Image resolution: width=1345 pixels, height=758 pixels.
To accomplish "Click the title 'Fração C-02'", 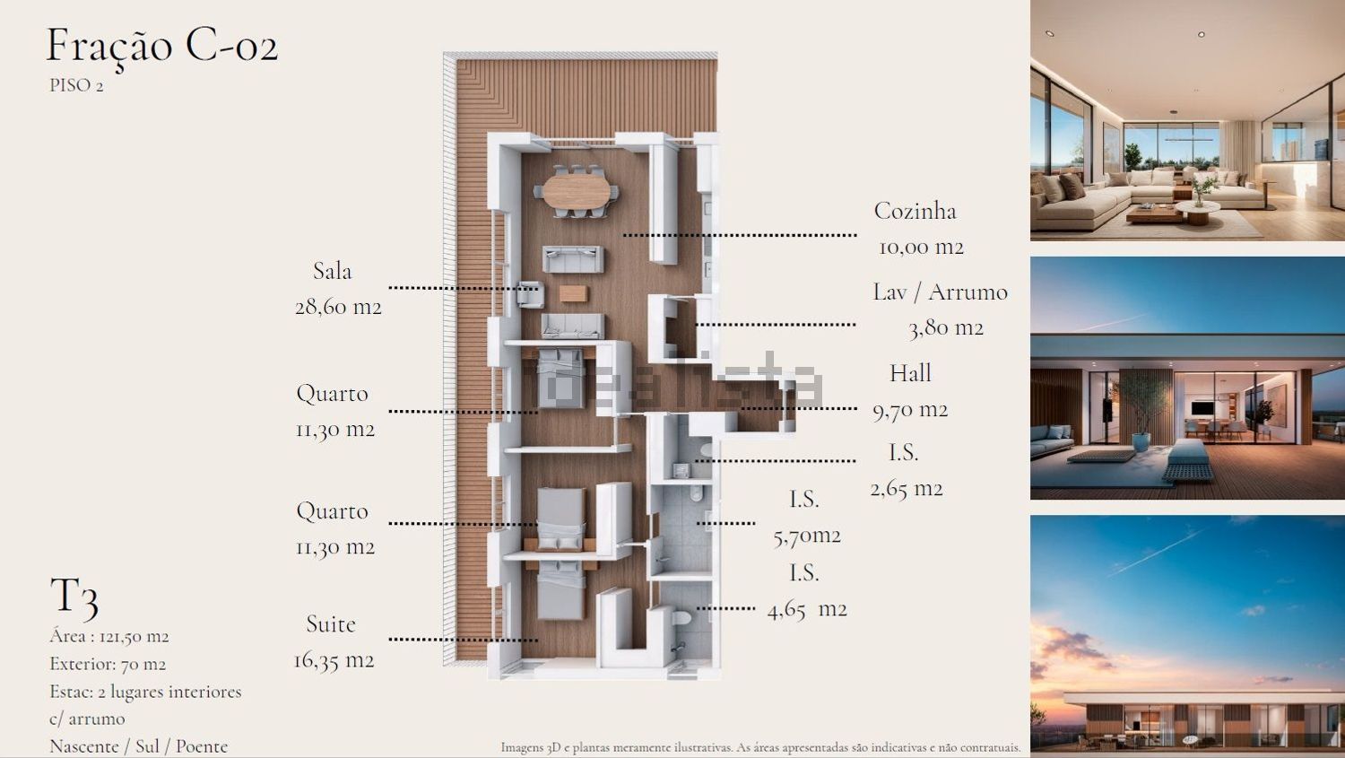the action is coord(162,47).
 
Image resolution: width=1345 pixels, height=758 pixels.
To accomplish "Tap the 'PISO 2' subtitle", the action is coord(76,86).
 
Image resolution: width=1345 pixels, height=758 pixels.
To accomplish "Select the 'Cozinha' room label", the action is coord(915,211).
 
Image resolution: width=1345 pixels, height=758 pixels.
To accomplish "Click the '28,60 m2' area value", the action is coord(338,307).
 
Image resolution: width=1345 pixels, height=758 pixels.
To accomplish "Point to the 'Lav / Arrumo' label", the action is coord(941,292).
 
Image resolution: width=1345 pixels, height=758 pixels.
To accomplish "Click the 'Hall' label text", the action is coord(910,373).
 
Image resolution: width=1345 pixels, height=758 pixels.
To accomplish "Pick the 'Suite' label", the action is coord(331,624).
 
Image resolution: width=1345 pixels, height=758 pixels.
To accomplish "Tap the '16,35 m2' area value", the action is coord(334,661).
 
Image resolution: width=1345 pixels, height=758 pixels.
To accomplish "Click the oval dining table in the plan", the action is coord(577,191).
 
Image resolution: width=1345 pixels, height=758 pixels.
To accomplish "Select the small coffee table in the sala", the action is coord(574,293).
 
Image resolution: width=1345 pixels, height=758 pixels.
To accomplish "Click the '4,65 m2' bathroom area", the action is coord(807,610).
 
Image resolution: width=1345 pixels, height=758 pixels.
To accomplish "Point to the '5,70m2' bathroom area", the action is coord(807,536).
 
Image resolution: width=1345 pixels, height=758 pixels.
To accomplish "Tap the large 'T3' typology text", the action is coord(74,597).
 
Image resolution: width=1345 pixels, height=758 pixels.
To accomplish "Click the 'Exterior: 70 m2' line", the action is coord(108,664).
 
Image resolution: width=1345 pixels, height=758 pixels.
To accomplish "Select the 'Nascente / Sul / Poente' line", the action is coord(139,746).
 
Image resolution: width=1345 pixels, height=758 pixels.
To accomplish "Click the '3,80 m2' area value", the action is coord(946,328).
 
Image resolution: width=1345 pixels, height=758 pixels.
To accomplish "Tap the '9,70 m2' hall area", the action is coord(910,410).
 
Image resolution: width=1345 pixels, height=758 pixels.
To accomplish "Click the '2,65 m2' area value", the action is coord(907,488).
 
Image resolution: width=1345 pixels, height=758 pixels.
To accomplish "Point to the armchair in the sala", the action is coord(530,294).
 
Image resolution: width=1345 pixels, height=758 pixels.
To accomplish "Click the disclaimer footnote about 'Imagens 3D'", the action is coord(760,748).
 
